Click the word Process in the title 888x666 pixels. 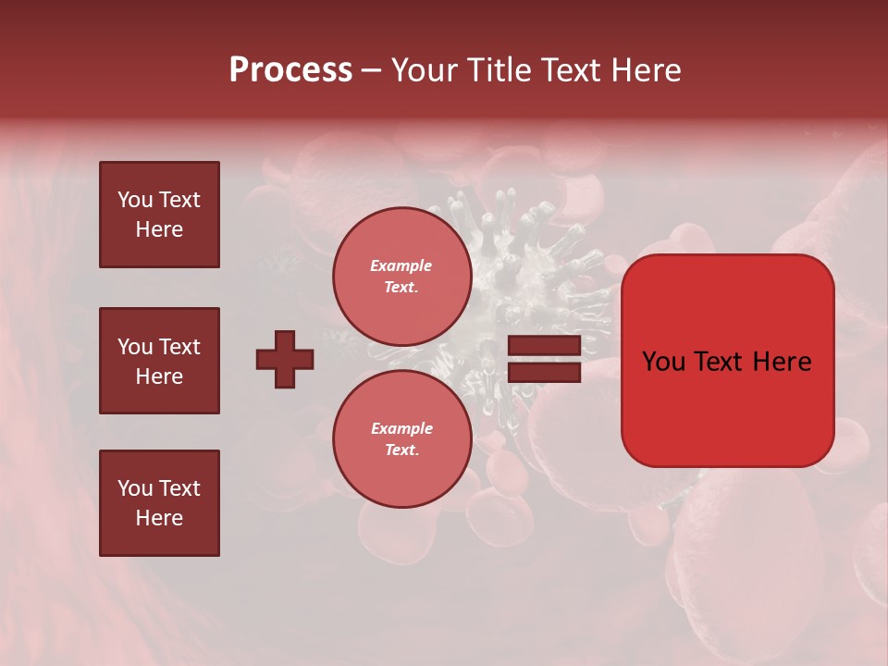290,70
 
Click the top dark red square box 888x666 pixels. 159,215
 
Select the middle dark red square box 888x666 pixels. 159,361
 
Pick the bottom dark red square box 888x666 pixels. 159,503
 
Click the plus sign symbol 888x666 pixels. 285,359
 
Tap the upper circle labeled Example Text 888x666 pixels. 402,277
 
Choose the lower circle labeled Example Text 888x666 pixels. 402,439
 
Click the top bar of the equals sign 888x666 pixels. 544,346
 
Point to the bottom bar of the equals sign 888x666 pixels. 544,372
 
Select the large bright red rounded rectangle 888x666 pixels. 727,361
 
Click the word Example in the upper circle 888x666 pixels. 401,265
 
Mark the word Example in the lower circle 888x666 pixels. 401,428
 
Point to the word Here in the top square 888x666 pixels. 159,229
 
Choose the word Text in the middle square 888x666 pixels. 179,347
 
